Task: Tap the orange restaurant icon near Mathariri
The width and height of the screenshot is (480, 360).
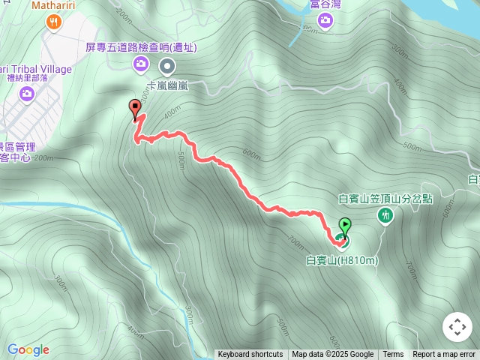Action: point(53,22)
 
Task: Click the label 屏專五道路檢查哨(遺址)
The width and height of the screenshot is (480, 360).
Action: point(141,47)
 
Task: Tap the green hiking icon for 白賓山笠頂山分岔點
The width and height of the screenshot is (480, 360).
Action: point(386,216)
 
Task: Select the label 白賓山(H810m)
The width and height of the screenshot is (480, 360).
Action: point(342,260)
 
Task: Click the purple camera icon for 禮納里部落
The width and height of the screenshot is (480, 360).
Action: point(27,93)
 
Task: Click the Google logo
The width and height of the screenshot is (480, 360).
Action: point(28,349)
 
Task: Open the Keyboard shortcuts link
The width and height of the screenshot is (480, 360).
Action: point(250,355)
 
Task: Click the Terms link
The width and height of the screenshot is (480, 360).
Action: point(393,355)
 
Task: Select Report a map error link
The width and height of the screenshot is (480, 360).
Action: point(444,355)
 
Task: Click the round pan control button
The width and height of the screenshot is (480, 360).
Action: point(457,327)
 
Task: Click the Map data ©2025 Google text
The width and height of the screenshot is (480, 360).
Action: point(332,355)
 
